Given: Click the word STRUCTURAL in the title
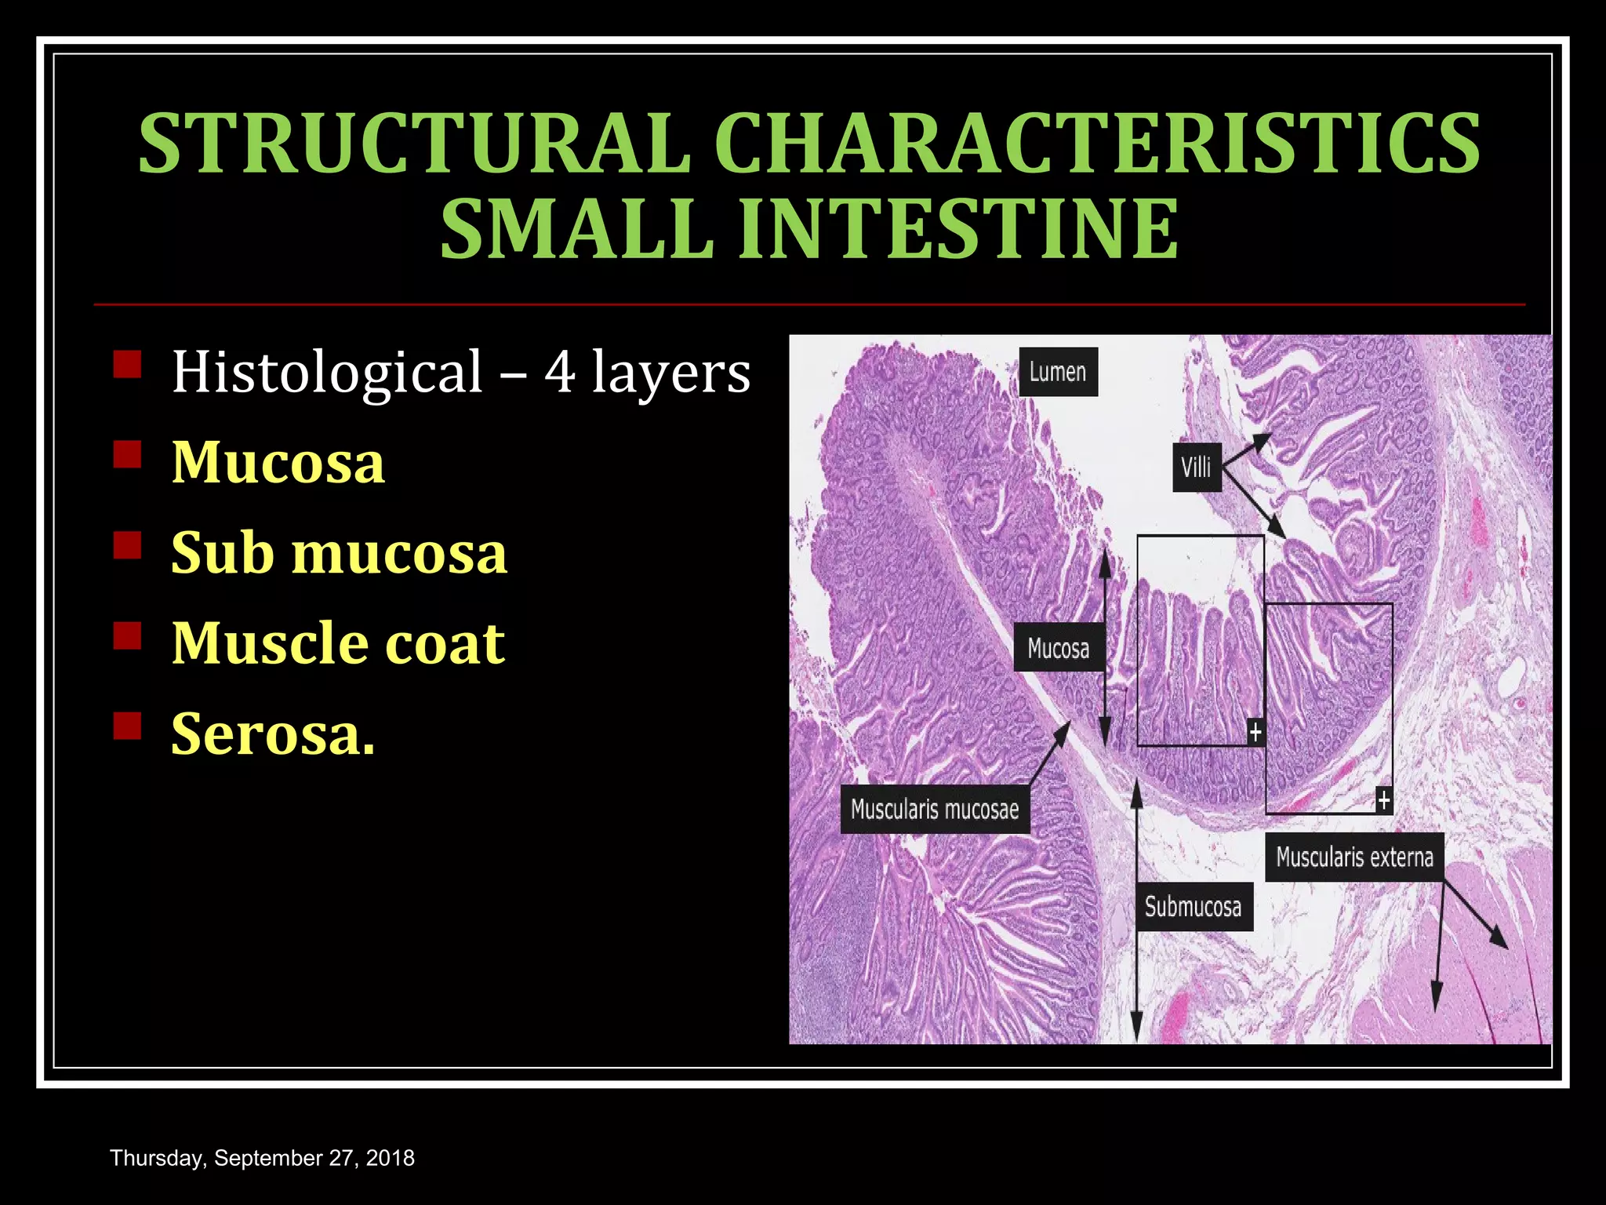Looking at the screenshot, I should (x=414, y=144).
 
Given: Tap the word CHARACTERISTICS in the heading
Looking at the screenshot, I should (x=1096, y=144).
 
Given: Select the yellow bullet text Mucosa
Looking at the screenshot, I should (x=278, y=463).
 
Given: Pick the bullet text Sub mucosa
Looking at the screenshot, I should (x=339, y=553).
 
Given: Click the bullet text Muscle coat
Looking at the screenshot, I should (x=338, y=643).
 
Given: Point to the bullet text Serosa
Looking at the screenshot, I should (x=273, y=734).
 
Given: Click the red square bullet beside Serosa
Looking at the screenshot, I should (x=127, y=726).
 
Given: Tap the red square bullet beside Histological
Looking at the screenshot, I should (x=127, y=365).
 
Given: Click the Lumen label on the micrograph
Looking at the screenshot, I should (x=1058, y=372).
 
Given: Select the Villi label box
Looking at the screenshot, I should (x=1197, y=468).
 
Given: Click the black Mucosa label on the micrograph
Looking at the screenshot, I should (x=1058, y=648).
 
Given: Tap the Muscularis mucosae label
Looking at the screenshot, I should (x=935, y=809).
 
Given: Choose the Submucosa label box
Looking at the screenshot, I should (x=1194, y=907).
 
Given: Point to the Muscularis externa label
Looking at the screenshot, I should (x=1354, y=857).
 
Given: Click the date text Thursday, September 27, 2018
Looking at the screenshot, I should (x=262, y=1158).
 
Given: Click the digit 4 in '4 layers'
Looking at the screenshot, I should (x=560, y=372).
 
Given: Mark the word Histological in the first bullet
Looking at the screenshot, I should (x=327, y=372).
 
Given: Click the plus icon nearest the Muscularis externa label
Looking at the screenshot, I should (x=1383, y=800).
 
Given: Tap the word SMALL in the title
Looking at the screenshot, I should (x=576, y=229).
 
